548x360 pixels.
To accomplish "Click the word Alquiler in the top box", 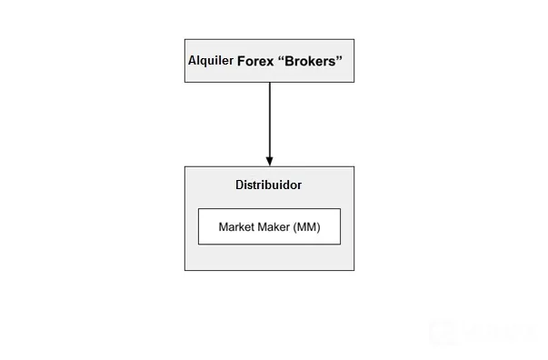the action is coord(211,61).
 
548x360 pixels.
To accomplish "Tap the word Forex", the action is coord(255,62).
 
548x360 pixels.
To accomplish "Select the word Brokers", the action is coord(310,61).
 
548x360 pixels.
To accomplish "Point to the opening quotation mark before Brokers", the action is coord(281,57).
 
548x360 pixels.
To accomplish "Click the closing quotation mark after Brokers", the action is coord(339,57).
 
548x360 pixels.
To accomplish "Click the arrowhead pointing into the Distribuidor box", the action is coord(270,161).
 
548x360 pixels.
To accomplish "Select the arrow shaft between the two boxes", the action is coord(270,119).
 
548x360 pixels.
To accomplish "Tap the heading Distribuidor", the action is coord(268,185).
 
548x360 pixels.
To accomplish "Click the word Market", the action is coord(236,227).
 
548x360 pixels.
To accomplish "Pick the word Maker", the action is coord(274,227).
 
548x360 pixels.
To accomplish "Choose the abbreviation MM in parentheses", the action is coord(306,227).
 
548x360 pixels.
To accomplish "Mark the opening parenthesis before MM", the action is coord(294,227).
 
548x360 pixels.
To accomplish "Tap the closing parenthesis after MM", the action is coord(318,227).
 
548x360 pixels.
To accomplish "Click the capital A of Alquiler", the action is coord(193,61).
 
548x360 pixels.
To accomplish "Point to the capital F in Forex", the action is coord(242,62).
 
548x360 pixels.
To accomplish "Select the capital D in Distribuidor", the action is coord(240,185).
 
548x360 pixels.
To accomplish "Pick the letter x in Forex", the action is coord(270,63).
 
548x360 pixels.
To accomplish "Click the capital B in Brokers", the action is coord(289,62).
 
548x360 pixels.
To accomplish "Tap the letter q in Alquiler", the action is coord(204,62).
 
